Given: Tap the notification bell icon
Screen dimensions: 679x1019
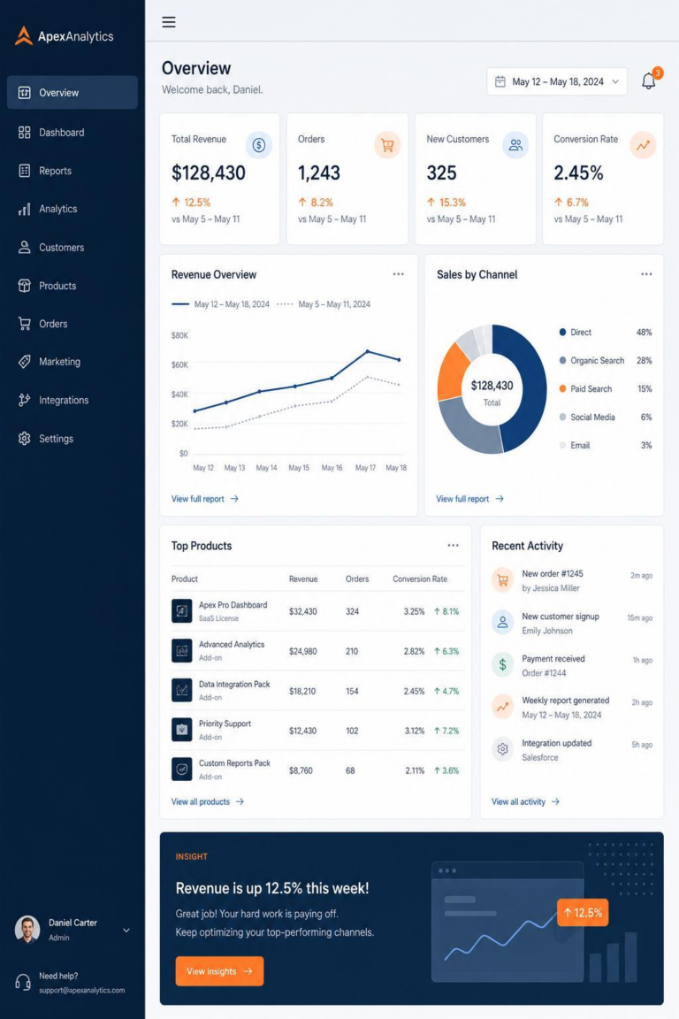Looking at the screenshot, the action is click(x=648, y=81).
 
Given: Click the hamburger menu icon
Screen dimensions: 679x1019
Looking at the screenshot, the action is click(x=169, y=22).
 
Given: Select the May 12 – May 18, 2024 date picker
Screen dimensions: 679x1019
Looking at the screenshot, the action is click(x=557, y=82).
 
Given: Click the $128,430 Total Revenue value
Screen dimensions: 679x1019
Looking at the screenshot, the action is click(x=209, y=172).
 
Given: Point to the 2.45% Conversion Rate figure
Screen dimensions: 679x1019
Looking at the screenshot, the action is click(x=578, y=172).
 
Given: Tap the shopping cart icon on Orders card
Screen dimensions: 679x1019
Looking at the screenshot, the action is click(x=387, y=145).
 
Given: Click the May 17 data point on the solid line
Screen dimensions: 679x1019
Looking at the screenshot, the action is click(x=368, y=351).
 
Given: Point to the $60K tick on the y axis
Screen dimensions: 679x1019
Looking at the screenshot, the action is click(x=179, y=365).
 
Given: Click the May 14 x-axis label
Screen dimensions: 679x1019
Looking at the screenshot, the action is click(x=266, y=468).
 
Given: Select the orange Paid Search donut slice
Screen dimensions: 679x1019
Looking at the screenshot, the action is click(x=453, y=372).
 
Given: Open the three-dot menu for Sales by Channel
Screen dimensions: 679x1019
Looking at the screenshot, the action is click(x=646, y=274).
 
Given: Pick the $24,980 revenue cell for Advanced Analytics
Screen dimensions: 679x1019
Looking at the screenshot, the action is click(x=302, y=651).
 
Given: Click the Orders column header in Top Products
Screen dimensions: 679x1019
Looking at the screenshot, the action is click(x=357, y=579).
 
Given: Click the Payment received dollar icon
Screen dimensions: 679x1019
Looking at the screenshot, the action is click(x=502, y=665).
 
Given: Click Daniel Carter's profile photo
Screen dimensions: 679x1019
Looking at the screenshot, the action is click(x=27, y=930).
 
